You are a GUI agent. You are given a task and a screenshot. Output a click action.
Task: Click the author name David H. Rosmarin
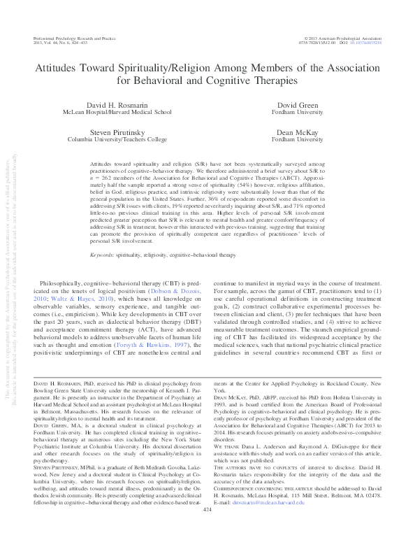[x=127, y=104]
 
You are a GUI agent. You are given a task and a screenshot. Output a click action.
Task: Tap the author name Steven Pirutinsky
[x=127, y=132]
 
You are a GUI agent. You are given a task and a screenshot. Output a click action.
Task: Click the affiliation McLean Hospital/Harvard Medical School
[x=127, y=112]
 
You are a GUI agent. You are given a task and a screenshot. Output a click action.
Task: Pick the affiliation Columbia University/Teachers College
[x=127, y=139]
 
